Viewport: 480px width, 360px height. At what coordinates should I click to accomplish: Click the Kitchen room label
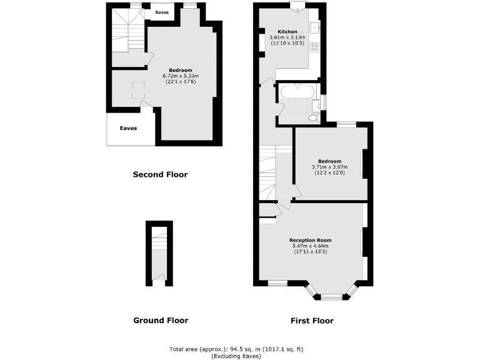coord(287,31)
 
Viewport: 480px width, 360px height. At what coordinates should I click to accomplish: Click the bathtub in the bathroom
coord(297,92)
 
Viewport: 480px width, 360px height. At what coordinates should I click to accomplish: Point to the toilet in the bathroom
coord(312,117)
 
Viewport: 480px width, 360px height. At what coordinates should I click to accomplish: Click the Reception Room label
coord(310,240)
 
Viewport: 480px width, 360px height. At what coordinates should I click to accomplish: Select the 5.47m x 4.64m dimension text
coord(310,246)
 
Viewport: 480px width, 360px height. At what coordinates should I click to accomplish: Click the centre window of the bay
coord(332,297)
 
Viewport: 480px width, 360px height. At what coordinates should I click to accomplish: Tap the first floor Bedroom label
coord(329,161)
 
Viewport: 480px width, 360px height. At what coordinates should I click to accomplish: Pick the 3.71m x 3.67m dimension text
coord(329,167)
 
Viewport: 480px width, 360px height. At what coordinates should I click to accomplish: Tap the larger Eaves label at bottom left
coord(128,129)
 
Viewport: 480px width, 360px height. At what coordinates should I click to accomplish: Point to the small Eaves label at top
coord(162,12)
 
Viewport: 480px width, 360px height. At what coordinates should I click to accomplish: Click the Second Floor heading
coord(160,174)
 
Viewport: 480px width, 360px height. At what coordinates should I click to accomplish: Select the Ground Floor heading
coord(161,321)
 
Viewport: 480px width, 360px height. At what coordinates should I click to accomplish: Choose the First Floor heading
coord(312,321)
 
